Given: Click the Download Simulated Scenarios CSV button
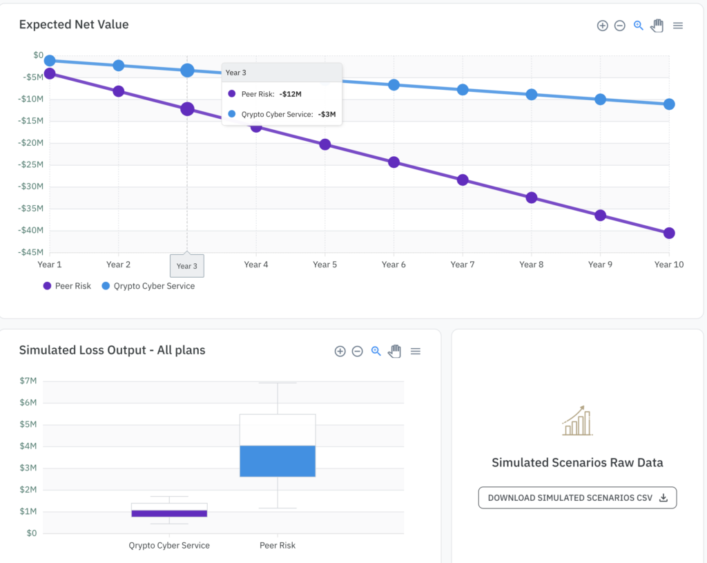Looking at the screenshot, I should click(x=577, y=497).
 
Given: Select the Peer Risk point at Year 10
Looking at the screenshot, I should click(x=669, y=233).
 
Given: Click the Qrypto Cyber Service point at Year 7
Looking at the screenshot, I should click(x=463, y=90).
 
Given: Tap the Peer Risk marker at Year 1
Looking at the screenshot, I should click(x=50, y=73).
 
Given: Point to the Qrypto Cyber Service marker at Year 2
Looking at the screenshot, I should click(x=118, y=66).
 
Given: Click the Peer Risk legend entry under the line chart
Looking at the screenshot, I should click(x=67, y=286).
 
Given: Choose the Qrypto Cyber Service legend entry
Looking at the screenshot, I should click(x=148, y=286).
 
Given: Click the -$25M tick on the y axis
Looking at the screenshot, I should click(x=33, y=164).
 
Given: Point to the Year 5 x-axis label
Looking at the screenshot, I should click(x=325, y=265).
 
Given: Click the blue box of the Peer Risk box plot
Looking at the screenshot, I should click(x=278, y=461).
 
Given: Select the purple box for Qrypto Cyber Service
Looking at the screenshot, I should click(x=169, y=513).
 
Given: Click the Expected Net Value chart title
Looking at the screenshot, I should click(x=74, y=25).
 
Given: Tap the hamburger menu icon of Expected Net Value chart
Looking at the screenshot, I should click(x=678, y=26).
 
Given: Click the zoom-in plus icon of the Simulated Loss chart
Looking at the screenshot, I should click(x=340, y=351).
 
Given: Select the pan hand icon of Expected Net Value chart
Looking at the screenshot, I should click(x=657, y=26).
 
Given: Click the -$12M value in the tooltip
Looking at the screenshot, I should click(x=290, y=94).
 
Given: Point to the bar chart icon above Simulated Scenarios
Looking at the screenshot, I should click(x=577, y=421).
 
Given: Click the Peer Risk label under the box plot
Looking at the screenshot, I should click(x=278, y=546).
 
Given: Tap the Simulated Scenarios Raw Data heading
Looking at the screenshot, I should click(x=577, y=463).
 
